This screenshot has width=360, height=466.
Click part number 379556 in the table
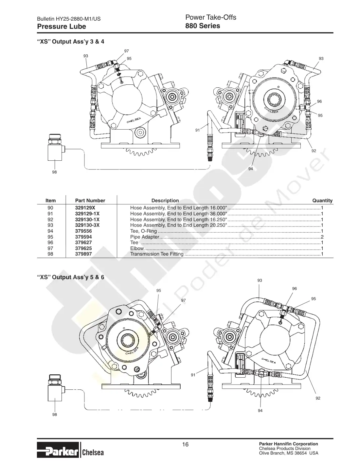coord(83,231)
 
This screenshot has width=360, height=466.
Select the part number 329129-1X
coord(87,214)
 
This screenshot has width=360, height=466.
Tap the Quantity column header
coord(322,201)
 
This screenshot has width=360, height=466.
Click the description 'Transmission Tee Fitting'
coord(157,254)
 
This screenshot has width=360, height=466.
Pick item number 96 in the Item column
coord(50,242)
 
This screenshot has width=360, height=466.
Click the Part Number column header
coord(90,201)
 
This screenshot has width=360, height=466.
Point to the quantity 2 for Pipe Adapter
coord(322,237)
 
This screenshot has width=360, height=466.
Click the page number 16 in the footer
coord(185,444)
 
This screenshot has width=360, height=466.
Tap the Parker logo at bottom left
coord(58,450)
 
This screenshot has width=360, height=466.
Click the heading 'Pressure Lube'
coord(62,27)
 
